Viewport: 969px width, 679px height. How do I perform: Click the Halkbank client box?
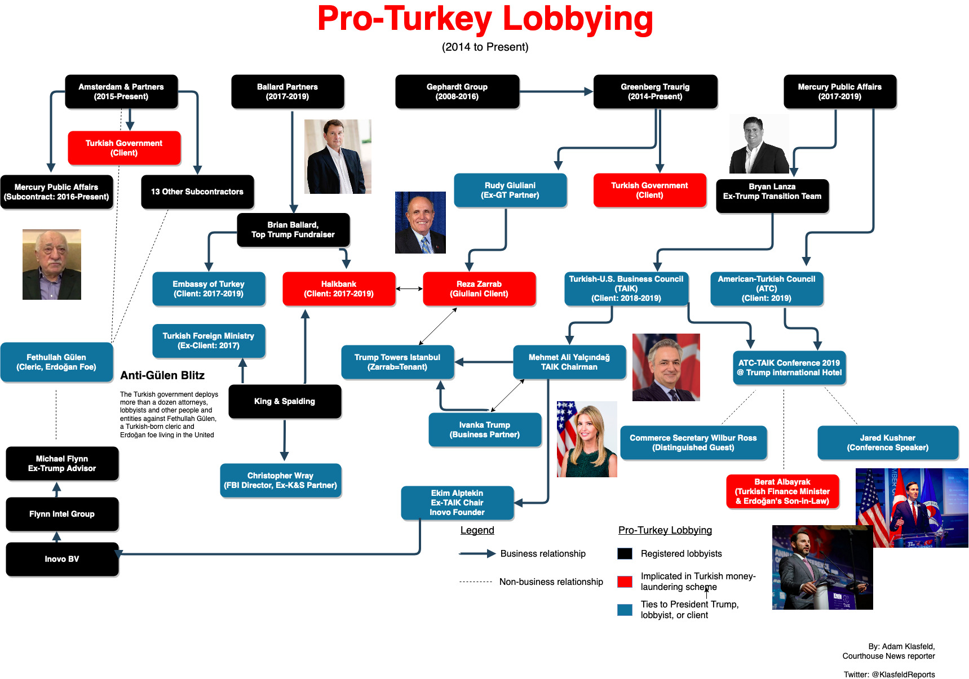(339, 289)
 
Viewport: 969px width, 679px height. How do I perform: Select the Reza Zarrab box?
(479, 289)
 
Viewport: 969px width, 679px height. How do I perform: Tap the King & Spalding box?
(285, 401)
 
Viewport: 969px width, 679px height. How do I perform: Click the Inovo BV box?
(62, 559)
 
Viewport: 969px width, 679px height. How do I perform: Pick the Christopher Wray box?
(280, 480)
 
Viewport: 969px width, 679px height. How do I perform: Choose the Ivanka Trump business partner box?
(485, 429)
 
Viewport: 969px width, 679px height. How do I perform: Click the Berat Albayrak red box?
(782, 491)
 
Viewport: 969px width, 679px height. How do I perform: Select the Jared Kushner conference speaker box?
(888, 442)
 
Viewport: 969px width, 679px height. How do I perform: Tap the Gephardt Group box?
(457, 91)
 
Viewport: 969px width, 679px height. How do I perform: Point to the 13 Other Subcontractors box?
(197, 192)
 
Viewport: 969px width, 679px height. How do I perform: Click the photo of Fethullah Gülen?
(52, 264)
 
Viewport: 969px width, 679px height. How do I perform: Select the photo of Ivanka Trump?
(587, 439)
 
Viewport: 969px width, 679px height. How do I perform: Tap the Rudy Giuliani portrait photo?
(421, 223)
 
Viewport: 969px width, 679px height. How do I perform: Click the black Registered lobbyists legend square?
(625, 553)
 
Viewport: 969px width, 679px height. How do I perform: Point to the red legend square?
(625, 582)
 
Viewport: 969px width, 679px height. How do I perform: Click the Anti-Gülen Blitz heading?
(162, 375)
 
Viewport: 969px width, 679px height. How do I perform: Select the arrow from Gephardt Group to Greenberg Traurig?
(556, 91)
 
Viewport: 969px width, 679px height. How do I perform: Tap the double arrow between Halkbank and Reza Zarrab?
(409, 289)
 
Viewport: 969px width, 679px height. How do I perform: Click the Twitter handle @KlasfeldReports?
(903, 674)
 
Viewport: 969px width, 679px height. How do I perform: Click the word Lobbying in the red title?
(578, 19)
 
